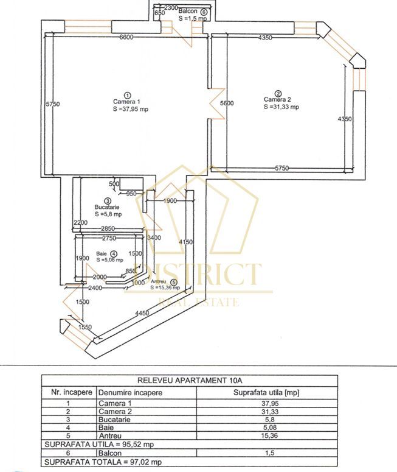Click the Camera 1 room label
(x=126, y=102)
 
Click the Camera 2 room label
(x=277, y=99)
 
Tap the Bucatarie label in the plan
(x=107, y=207)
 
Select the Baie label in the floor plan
(x=102, y=253)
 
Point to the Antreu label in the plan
(x=159, y=281)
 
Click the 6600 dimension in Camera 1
(x=126, y=38)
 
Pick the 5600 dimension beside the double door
(x=227, y=104)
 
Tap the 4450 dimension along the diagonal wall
(x=142, y=314)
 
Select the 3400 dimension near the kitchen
(x=154, y=238)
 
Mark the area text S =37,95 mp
(x=130, y=110)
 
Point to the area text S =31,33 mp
(x=281, y=107)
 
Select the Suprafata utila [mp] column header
(x=266, y=392)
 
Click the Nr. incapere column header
(x=68, y=392)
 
